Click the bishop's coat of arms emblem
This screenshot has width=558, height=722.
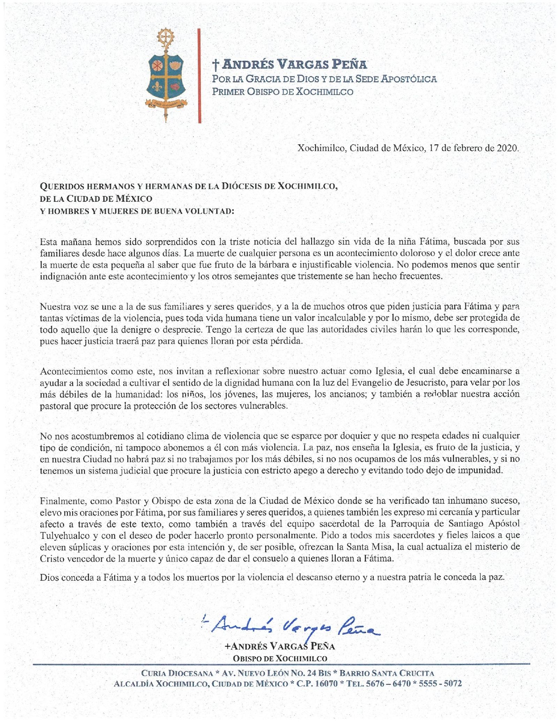(166, 75)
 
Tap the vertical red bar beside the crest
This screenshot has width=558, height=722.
(199, 76)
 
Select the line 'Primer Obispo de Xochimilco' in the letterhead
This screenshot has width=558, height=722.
(282, 92)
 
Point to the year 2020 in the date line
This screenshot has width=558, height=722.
(507, 148)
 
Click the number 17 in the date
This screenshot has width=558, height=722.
(433, 148)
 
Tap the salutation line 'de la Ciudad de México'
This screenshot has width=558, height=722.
(96, 199)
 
